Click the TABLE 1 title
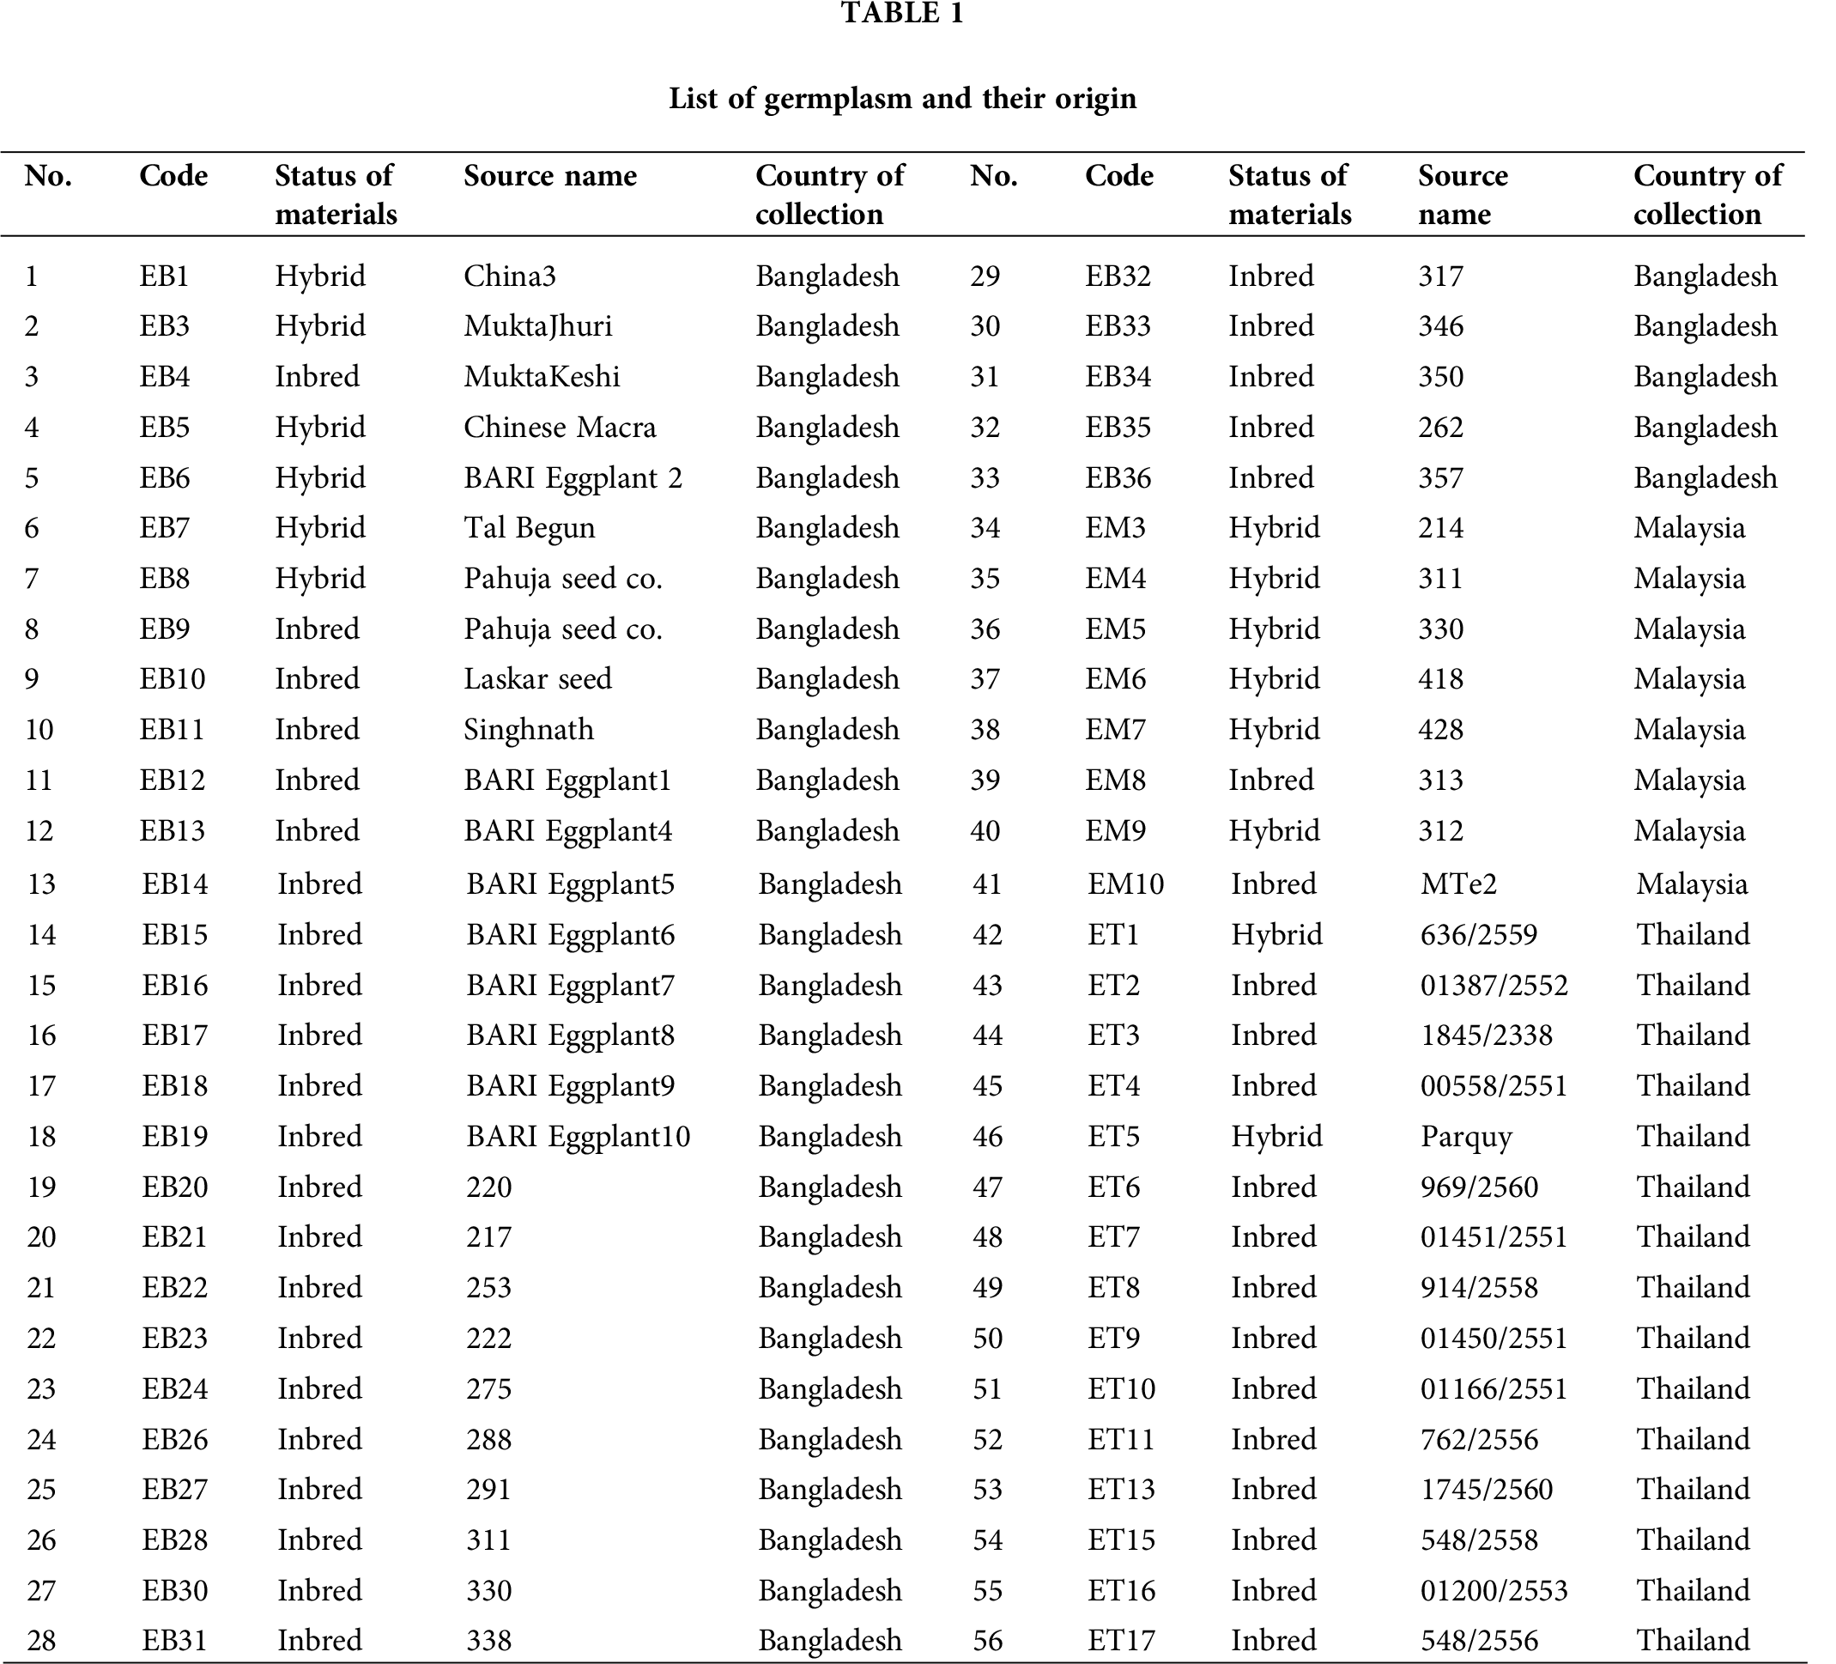[901, 14]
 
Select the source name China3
[509, 276]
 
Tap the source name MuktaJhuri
[537, 326]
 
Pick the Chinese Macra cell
[559, 427]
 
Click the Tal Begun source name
[528, 528]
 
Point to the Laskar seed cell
[537, 679]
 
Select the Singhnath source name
[528, 730]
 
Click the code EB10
[173, 679]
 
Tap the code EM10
[1125, 884]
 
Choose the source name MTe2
[1458, 884]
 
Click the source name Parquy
[1466, 1137]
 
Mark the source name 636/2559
[1479, 934]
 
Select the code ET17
[1121, 1641]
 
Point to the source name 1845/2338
[1487, 1035]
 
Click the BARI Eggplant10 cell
[579, 1137]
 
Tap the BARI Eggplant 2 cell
[573, 478]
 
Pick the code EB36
[1118, 478]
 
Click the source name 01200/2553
[1494, 1590]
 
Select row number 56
[987, 1641]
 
